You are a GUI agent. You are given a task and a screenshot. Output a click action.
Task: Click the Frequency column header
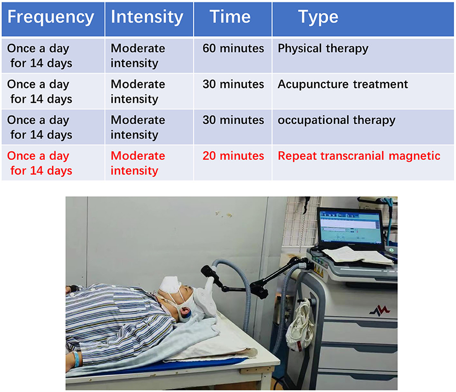[x=51, y=17]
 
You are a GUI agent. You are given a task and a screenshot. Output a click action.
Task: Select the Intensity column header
[x=147, y=17]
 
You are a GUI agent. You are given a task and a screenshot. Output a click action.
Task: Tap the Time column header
[x=230, y=17]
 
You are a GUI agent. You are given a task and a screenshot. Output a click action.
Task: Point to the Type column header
[x=318, y=18]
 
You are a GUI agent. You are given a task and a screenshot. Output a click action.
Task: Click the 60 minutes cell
[x=233, y=48]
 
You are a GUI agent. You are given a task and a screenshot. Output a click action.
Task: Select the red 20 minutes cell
[x=233, y=156]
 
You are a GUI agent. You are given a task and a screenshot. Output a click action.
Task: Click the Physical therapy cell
[x=323, y=49]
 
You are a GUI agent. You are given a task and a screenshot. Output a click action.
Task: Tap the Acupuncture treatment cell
[x=342, y=85]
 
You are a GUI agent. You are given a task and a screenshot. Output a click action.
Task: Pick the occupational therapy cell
[x=337, y=120]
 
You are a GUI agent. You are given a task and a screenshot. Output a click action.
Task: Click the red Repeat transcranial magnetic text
[x=359, y=156]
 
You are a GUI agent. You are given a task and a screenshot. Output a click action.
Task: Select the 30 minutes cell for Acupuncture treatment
[x=233, y=84]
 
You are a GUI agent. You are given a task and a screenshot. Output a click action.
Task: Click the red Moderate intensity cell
[x=138, y=163]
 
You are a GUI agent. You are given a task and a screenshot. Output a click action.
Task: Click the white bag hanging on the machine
[x=300, y=325]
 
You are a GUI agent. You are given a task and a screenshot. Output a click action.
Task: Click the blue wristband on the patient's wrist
[x=76, y=359]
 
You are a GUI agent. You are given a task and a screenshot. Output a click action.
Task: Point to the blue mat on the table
[x=163, y=367]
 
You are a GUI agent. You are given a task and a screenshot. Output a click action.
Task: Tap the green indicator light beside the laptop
[x=392, y=250]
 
